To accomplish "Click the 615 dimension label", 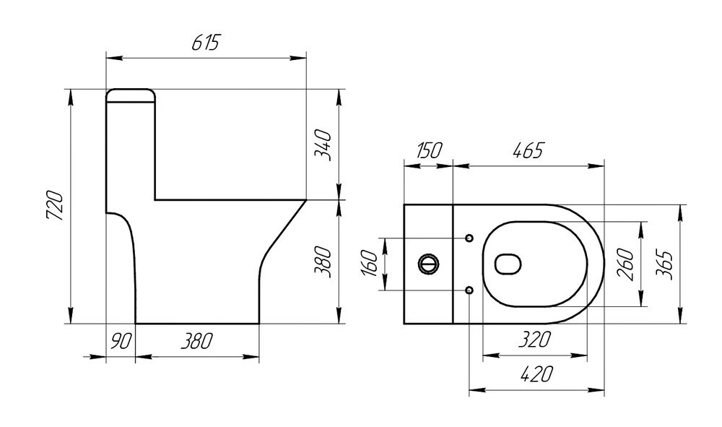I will [x=205, y=43].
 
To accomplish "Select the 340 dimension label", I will [x=323, y=145].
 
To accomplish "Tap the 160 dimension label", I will [x=369, y=264].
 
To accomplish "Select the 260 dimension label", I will [x=625, y=264].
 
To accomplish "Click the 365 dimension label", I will [x=666, y=264].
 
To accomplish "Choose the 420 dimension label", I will [x=535, y=374].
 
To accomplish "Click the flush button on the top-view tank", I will [x=428, y=264].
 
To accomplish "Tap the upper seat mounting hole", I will [x=469, y=238].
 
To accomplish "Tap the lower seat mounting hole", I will [x=469, y=290].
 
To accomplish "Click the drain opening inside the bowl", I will [x=508, y=264].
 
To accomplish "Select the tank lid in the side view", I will [x=131, y=95].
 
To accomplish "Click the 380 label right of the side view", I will [x=324, y=262].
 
